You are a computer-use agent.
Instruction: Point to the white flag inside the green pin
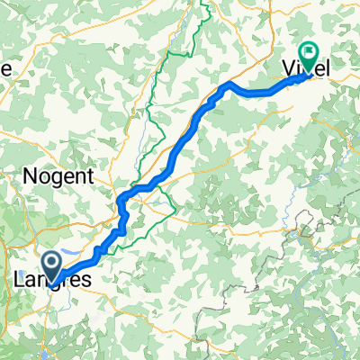click(307, 53)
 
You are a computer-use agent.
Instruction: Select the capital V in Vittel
click(294, 68)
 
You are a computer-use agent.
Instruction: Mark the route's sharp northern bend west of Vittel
click(230, 85)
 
